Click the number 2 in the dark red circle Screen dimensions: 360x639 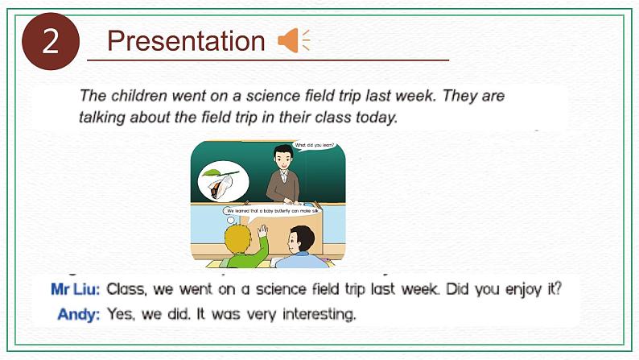51,41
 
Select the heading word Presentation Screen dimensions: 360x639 186,41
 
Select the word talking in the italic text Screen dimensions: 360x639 102,117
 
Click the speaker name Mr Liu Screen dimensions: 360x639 75,288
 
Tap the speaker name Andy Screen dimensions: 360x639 79,314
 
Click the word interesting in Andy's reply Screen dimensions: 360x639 314,314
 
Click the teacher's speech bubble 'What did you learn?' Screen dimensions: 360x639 315,147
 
